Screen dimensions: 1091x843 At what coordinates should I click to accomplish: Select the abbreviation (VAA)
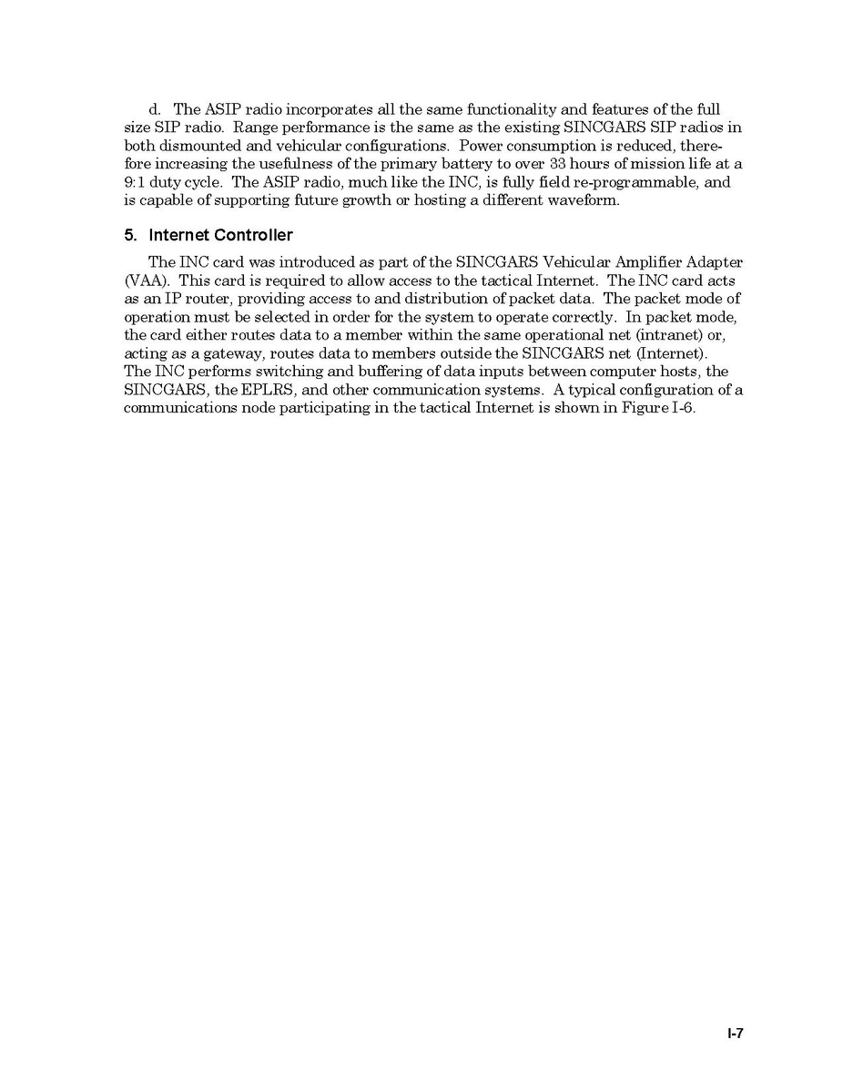[x=145, y=280]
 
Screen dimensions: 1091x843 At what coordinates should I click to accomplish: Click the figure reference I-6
[x=681, y=408]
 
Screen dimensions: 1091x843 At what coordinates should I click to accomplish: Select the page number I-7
[x=736, y=1034]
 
